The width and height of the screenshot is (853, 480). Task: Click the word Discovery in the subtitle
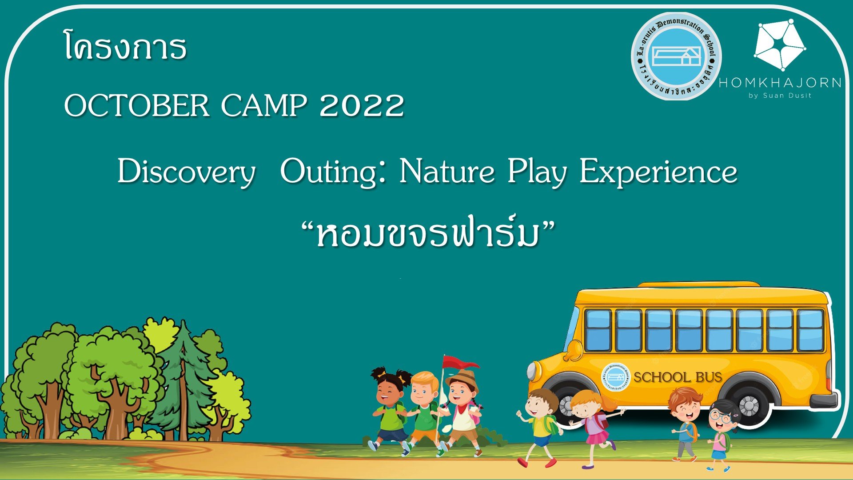pyautogui.click(x=186, y=172)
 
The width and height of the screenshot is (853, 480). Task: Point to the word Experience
pyautogui.click(x=658, y=172)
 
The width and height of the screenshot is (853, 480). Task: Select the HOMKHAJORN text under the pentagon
pyautogui.click(x=780, y=83)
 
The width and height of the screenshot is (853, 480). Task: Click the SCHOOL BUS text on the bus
pyautogui.click(x=678, y=377)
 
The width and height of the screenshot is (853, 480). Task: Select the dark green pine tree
pyautogui.click(x=183, y=382)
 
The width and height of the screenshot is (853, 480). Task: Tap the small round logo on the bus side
pyautogui.click(x=616, y=377)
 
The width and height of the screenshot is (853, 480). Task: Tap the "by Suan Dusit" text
pyautogui.click(x=780, y=96)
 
